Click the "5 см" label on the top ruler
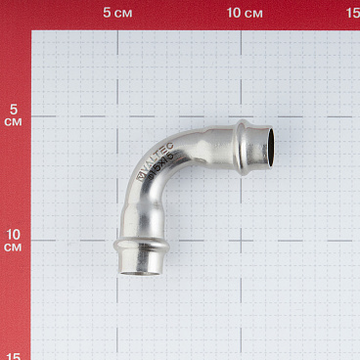[118, 13]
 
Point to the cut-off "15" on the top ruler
[353, 13]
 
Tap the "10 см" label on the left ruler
[13, 240]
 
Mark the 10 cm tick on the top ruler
[243, 27]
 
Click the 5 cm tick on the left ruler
[28, 116]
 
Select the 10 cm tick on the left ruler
[28, 240]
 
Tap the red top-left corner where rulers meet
[14, 14]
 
